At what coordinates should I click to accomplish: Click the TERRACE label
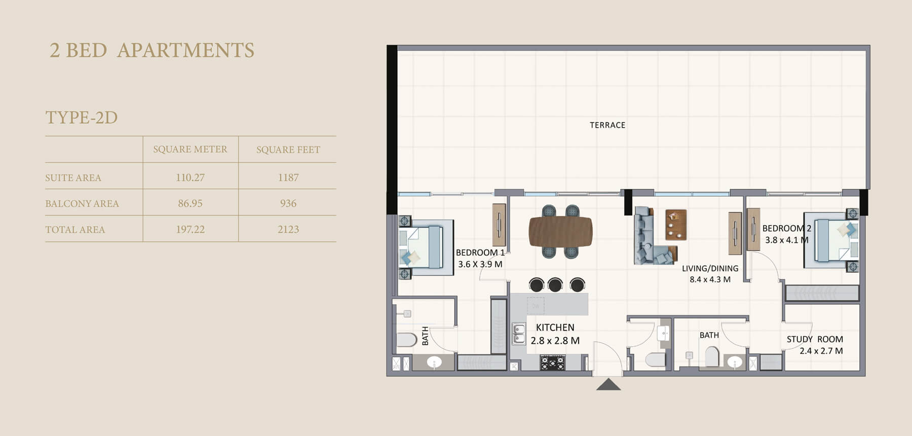click(607, 125)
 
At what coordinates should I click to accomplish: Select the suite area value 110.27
click(191, 177)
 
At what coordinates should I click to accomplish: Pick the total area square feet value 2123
click(288, 229)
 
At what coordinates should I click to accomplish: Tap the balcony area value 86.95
click(191, 203)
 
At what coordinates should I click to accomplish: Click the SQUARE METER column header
click(191, 149)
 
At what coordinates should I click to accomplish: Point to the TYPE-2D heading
click(82, 118)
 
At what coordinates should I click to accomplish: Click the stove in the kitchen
click(552, 363)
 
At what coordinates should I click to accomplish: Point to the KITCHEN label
click(555, 328)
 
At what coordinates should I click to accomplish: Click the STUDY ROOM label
click(815, 339)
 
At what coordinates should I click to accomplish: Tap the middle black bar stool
click(555, 284)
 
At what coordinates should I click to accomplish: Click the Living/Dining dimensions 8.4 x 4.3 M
click(710, 279)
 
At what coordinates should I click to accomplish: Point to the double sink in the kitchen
click(519, 334)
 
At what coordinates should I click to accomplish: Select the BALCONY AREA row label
click(82, 203)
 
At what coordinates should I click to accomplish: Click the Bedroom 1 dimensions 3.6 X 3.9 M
click(480, 264)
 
